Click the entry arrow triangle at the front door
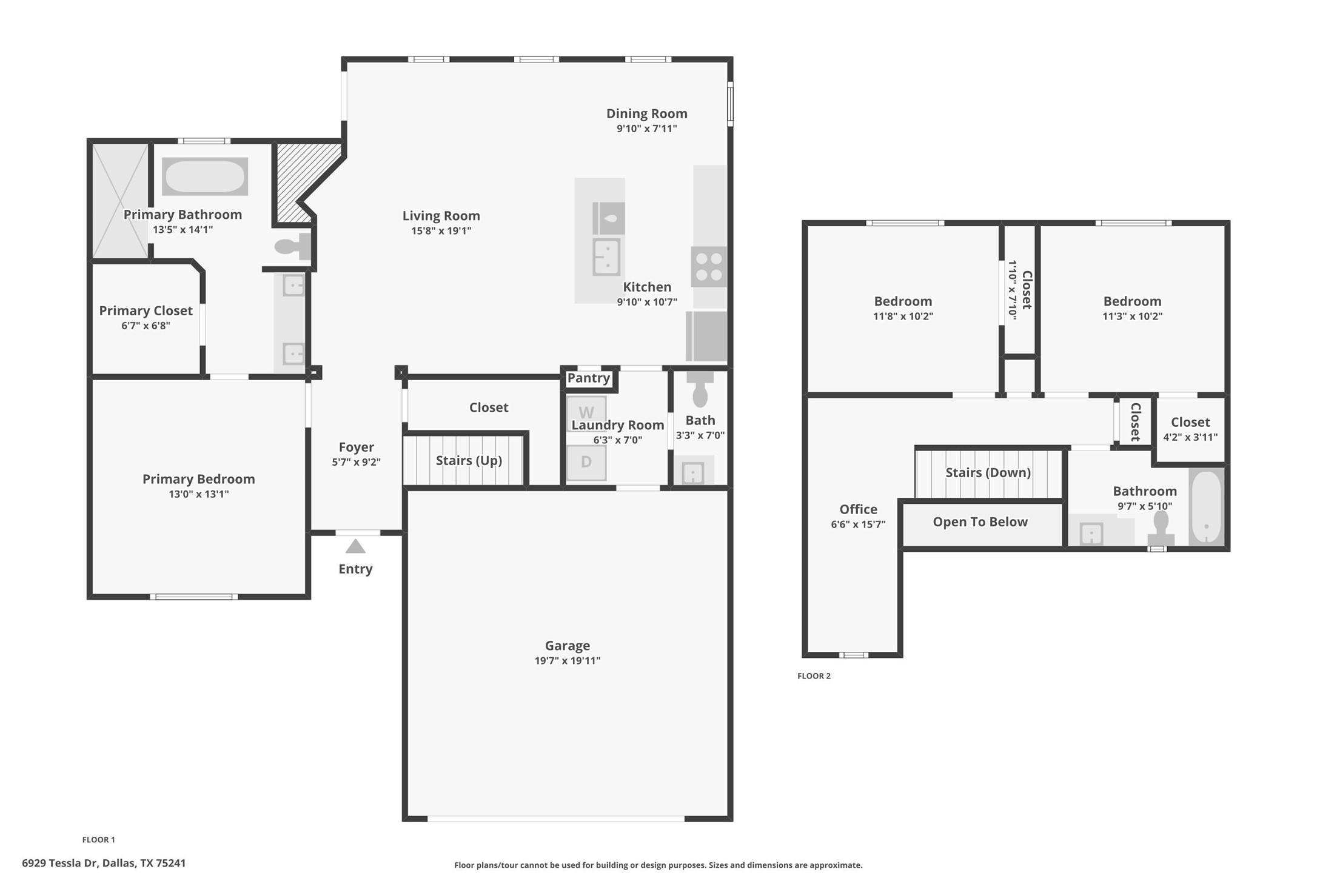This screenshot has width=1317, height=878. point(355,547)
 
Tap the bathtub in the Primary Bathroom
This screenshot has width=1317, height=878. point(205,176)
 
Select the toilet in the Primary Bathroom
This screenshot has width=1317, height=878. point(292,247)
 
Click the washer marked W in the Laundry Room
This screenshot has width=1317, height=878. point(586,412)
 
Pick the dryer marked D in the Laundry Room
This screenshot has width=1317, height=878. point(586,462)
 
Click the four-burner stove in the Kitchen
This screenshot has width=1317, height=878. point(709,267)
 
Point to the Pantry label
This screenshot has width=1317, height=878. point(588,378)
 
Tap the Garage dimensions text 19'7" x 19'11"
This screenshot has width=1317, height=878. point(567,661)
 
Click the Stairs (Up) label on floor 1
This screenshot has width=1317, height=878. point(469,461)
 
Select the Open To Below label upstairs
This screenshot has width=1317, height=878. point(980,522)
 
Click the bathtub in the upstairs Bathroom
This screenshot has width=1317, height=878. point(1206,507)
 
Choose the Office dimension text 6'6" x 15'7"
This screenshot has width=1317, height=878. point(858,524)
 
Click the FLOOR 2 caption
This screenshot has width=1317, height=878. point(814,676)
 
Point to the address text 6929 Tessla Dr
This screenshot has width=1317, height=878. point(104,863)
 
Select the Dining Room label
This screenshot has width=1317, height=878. point(646,114)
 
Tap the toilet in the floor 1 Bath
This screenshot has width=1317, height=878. point(700,390)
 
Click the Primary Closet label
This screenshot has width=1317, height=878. point(146,311)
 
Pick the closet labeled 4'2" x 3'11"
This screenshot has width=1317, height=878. point(1190,429)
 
